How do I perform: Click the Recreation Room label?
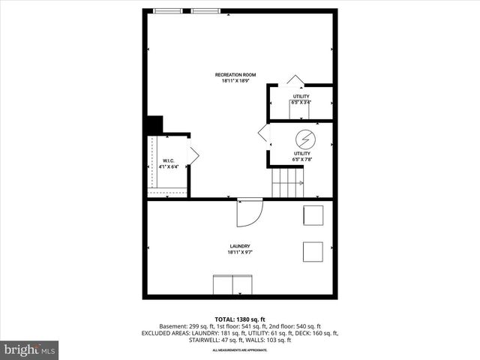[x=235, y=74]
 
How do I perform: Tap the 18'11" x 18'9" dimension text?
[x=235, y=81]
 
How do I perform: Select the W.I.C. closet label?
[x=169, y=160]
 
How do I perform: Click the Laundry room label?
[x=239, y=246]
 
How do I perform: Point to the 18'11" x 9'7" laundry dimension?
[x=239, y=253]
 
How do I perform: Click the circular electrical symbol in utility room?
[x=304, y=139]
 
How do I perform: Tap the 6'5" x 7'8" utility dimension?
[x=301, y=159]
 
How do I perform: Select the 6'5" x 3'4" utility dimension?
[x=301, y=103]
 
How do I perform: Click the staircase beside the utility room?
[x=287, y=182]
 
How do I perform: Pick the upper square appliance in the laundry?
[x=313, y=214]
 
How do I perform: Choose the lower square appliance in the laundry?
[x=313, y=251]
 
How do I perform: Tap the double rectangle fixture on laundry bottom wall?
[x=232, y=285]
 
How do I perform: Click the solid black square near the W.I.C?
[x=154, y=124]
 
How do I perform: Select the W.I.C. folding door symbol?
[x=193, y=155]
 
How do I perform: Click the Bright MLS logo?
[x=30, y=349]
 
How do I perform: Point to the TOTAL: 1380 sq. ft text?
[x=239, y=318]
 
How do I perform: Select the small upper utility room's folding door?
[x=295, y=80]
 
